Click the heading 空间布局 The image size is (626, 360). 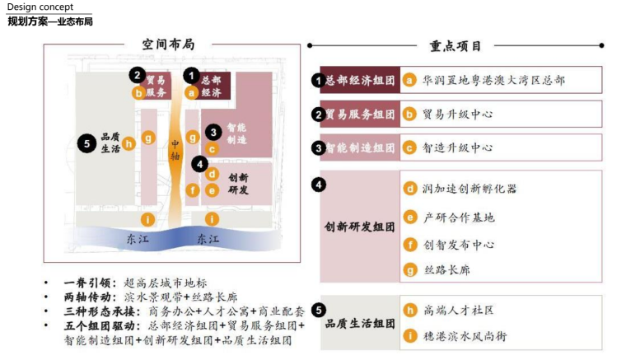click(x=168, y=45)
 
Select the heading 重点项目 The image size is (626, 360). click(x=455, y=46)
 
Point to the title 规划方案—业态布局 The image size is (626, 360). click(x=50, y=21)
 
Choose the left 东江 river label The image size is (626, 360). click(x=138, y=239)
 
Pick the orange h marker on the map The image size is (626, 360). click(x=129, y=144)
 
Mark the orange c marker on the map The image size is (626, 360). click(x=212, y=149)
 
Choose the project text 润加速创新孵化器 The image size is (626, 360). click(x=470, y=189)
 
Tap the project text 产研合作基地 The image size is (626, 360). click(x=460, y=217)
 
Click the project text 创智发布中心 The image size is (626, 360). click(x=460, y=245)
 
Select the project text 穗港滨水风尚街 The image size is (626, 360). click(x=465, y=336)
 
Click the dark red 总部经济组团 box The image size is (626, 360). click(x=359, y=80)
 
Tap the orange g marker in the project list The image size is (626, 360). click(x=409, y=270)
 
